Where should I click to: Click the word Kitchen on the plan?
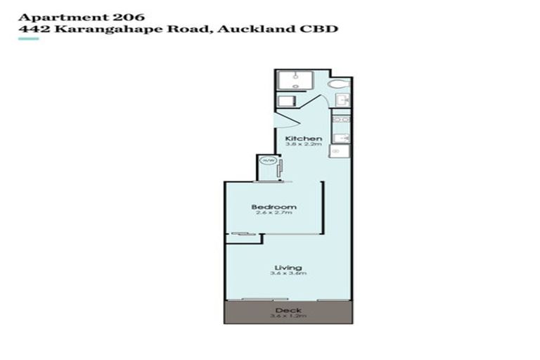coord(303,139)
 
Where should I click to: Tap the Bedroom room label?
coord(274,207)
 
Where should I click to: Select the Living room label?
coord(288,267)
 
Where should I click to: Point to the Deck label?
coord(288,310)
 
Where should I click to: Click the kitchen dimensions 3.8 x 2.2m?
coord(303,145)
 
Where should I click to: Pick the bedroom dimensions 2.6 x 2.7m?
coord(274,214)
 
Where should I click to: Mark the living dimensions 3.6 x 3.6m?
coord(288,274)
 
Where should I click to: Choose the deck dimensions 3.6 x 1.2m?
coord(288,316)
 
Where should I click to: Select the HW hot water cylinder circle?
coord(267,161)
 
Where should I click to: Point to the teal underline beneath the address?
coord(28,39)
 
